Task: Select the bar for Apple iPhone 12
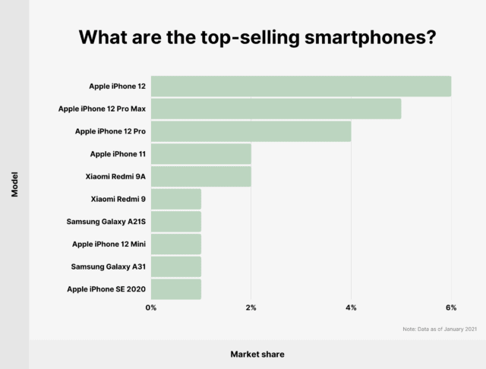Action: point(301,87)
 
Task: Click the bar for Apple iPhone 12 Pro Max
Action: point(276,109)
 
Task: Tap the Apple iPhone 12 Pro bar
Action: point(251,131)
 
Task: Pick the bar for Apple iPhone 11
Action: point(200,154)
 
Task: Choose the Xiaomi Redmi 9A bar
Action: point(200,176)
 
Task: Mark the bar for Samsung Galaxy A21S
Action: point(175,222)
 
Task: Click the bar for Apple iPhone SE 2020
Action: point(175,289)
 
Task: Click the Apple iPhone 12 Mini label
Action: point(109,244)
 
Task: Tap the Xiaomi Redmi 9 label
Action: point(118,199)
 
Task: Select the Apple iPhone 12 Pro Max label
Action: point(102,109)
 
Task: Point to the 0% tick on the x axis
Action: point(151,307)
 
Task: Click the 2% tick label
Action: point(251,307)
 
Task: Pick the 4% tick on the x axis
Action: point(351,307)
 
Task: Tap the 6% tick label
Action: point(451,307)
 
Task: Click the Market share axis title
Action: point(257,354)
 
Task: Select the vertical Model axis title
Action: point(15,184)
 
